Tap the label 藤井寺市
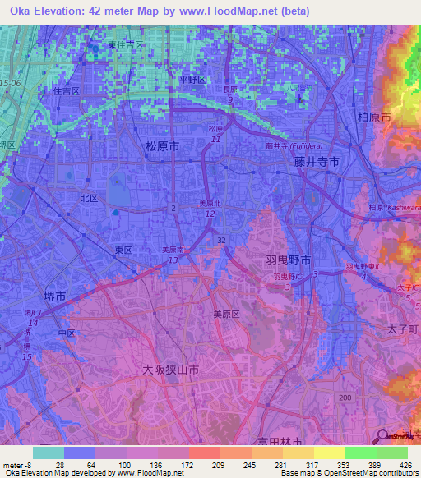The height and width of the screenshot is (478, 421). coord(317,163)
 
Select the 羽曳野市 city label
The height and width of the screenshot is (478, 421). coord(288,260)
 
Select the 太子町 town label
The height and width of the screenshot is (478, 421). coord(403,329)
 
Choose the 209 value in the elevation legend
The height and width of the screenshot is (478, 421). coord(203,465)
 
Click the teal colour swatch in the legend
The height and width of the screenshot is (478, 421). coord(49,453)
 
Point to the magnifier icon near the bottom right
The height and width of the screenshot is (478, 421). coord(382,436)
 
